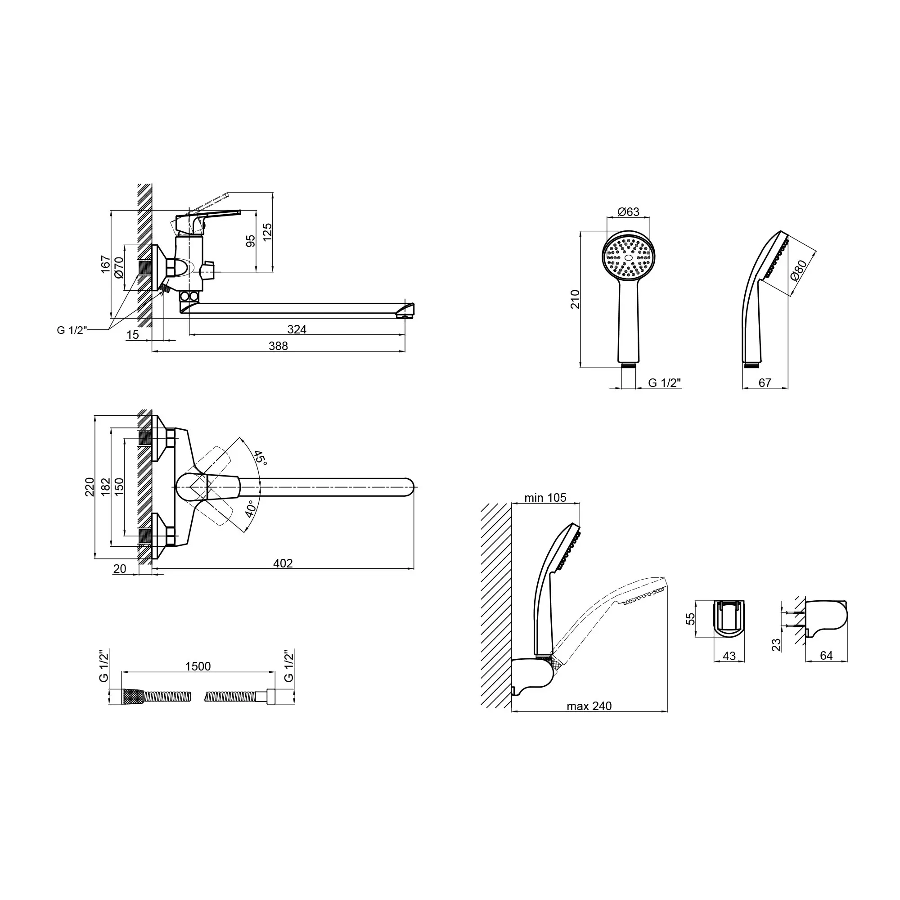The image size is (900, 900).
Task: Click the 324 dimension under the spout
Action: coord(297,329)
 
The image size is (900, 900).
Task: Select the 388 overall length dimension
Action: coord(278,346)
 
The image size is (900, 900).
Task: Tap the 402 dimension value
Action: coord(283,563)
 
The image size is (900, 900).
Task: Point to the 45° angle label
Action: coord(261,459)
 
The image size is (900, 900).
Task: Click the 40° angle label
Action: coord(250,509)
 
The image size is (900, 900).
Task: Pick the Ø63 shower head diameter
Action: coord(628,212)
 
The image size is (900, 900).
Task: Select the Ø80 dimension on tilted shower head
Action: coord(799,270)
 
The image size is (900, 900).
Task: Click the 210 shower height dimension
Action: coord(575,299)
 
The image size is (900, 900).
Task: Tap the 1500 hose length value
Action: coord(198,666)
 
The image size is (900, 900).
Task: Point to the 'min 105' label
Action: coord(545,498)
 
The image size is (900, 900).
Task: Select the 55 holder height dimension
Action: coord(691,619)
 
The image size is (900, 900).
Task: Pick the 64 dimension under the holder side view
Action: coord(826,656)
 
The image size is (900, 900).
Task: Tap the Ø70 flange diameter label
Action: coord(119,267)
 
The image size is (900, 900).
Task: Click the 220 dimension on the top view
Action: coord(90,487)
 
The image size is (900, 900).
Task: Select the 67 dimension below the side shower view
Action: coord(765,382)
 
